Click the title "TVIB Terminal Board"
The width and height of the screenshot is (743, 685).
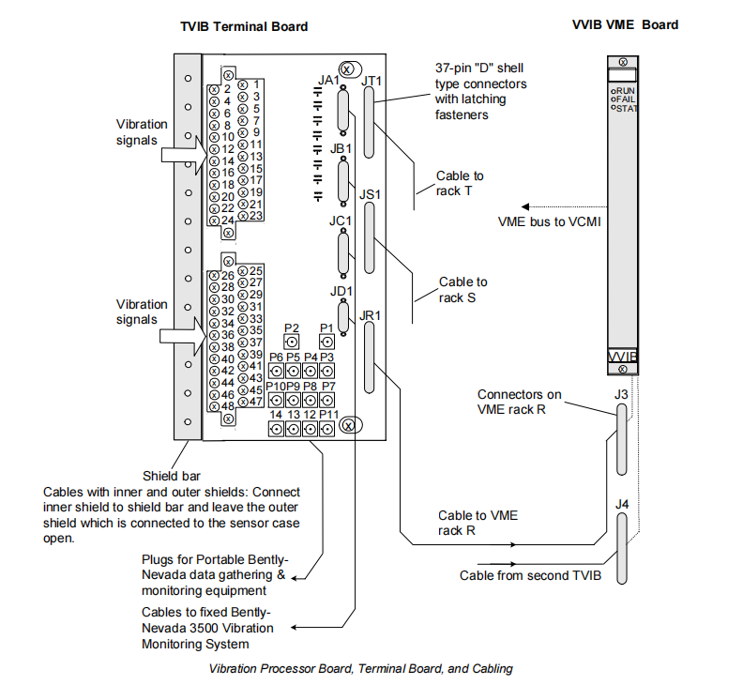tap(244, 27)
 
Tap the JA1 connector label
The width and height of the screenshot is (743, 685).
tap(328, 82)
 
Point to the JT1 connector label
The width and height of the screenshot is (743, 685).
tap(372, 82)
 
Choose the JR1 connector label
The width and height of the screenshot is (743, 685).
tap(371, 315)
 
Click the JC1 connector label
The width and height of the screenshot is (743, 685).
tap(340, 221)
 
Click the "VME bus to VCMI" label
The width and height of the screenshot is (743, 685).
tap(549, 222)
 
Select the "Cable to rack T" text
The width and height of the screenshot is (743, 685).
tap(460, 183)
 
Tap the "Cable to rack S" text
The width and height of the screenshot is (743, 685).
tap(463, 289)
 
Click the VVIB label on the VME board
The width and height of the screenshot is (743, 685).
tap(623, 358)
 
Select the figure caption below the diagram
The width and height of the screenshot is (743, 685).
tap(360, 669)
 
